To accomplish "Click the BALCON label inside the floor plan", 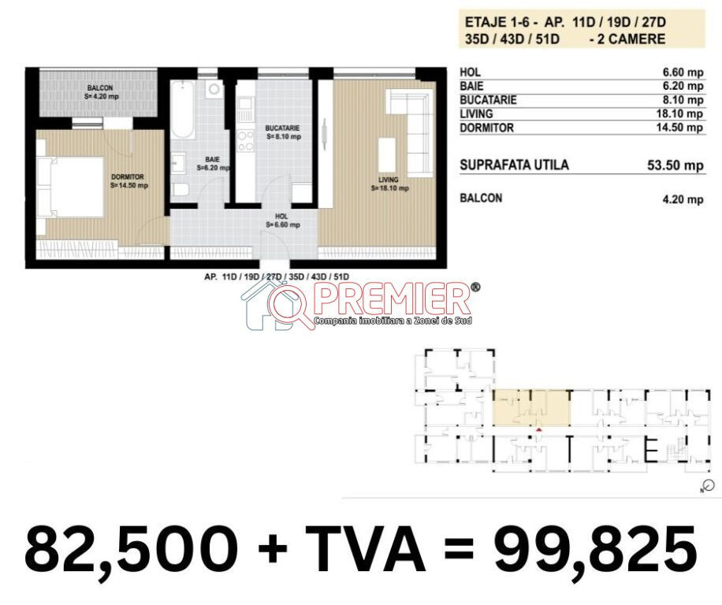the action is (100, 88).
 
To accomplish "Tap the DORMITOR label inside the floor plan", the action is (128, 176).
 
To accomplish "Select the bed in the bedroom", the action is (70, 187).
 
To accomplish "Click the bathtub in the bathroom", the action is (182, 109).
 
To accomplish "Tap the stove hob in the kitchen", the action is (245, 140).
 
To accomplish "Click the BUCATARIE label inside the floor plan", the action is (282, 128).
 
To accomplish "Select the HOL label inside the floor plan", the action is (281, 216).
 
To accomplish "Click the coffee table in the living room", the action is (387, 155).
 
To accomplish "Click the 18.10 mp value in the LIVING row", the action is (679, 113).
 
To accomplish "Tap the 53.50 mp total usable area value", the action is (675, 165).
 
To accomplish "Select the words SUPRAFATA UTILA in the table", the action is (514, 165).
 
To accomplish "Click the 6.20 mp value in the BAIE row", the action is (683, 86).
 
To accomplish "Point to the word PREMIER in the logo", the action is (392, 299).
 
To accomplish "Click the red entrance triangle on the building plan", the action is (539, 430).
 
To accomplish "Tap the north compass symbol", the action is (709, 486).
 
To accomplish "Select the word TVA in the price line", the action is (365, 549).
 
